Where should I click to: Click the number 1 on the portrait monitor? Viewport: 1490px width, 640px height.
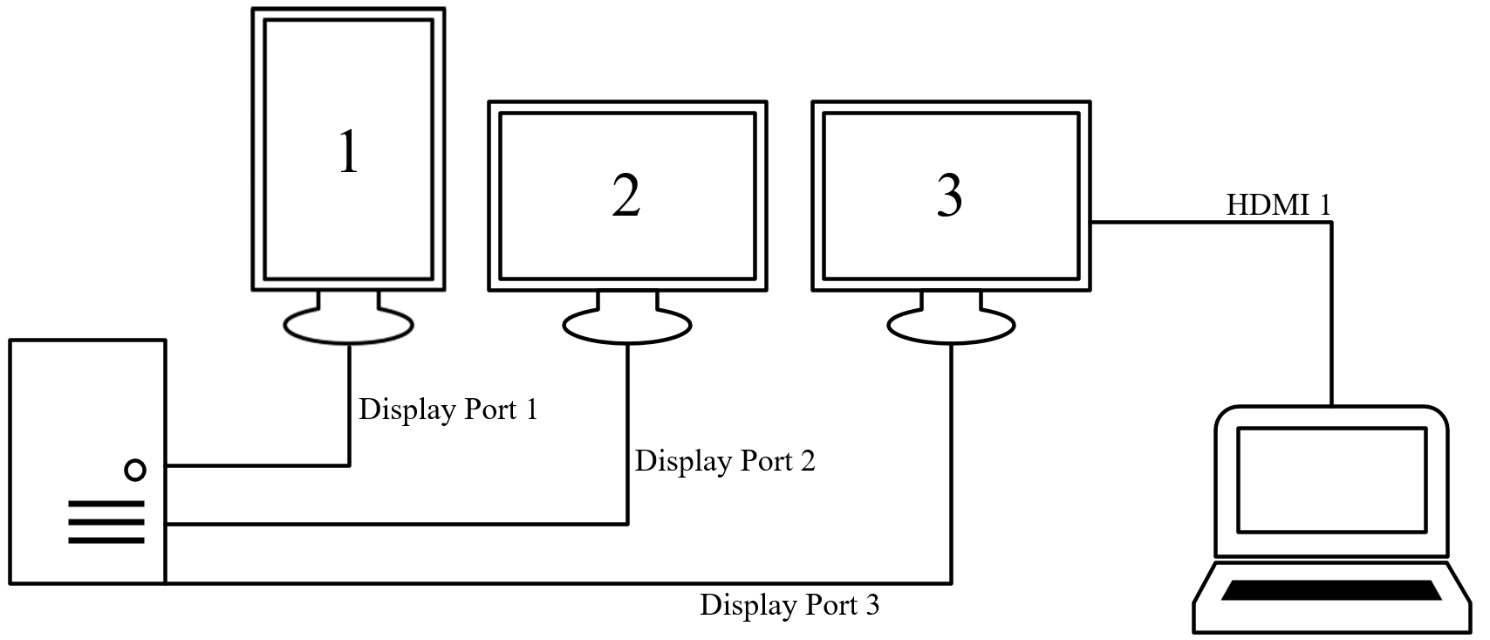pos(348,151)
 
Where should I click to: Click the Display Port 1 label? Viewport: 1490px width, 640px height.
pos(448,409)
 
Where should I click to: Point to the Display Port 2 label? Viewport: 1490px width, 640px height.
pos(725,461)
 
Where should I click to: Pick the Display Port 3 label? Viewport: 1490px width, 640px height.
pos(789,605)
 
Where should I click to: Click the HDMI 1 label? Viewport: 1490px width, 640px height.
pos(1279,206)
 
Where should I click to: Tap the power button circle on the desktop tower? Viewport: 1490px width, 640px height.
pos(135,471)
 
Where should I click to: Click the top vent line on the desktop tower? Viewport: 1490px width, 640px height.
pos(106,504)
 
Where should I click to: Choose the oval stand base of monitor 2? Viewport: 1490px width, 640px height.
pos(626,327)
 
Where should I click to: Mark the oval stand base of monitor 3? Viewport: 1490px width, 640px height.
pos(951,327)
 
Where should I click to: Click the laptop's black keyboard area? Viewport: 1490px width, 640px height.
pos(1331,590)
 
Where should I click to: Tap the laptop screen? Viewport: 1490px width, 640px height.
pos(1331,479)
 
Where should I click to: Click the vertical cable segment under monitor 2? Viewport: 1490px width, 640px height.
pos(627,437)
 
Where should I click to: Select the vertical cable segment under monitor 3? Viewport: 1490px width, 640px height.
pos(951,463)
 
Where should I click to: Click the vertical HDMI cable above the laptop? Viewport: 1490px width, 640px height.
pos(1331,314)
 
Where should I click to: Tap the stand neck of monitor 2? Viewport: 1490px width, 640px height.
pos(626,301)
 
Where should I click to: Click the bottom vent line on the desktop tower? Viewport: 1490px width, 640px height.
pos(106,540)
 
